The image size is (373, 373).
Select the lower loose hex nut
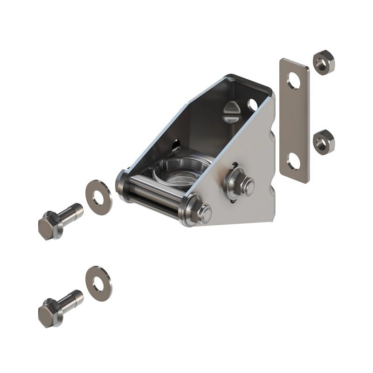coord(323,142)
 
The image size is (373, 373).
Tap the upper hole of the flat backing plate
coord(294,81)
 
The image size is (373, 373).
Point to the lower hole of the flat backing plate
coord(294,161)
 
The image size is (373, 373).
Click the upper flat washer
coord(99,197)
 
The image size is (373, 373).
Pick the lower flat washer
coord(99,283)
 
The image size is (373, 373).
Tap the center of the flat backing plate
coord(294,121)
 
